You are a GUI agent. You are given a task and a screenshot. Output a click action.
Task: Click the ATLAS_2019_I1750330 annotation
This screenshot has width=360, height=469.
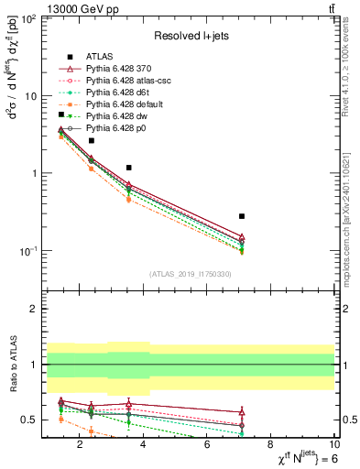click(x=191, y=274)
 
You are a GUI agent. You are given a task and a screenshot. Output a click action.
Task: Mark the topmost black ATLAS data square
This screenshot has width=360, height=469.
click(x=61, y=115)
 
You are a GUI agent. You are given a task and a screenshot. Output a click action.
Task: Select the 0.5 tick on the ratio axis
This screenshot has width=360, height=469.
click(x=31, y=420)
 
